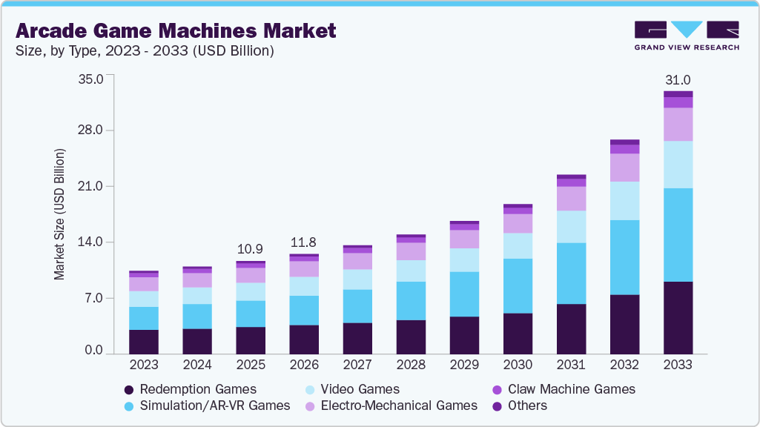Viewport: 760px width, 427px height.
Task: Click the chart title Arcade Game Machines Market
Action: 176,31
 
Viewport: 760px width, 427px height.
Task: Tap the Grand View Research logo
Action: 687,36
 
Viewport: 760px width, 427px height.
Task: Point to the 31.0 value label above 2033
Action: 678,80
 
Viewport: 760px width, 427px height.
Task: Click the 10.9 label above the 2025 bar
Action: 251,248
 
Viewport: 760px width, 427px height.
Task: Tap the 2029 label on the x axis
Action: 464,365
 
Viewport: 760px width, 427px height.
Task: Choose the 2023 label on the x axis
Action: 144,365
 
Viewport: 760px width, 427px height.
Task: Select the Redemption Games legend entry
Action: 190,389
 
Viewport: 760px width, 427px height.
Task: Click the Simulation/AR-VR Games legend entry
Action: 207,406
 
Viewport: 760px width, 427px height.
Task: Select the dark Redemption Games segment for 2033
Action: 678,317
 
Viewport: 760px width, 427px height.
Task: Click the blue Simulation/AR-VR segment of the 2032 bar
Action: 624,257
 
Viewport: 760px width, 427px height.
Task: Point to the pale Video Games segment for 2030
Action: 518,245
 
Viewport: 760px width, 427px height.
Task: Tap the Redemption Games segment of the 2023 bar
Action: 144,341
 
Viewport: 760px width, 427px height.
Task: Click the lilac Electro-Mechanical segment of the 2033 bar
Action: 678,125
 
